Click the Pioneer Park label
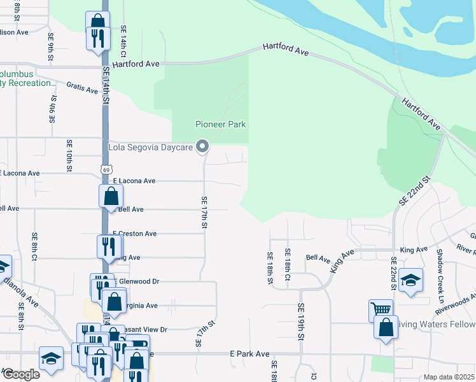pos(220,124)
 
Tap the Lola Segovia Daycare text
pos(151,147)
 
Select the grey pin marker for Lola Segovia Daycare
pos(202,147)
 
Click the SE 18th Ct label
pos(288,265)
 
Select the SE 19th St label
pos(300,316)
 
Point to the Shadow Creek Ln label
pos(440,275)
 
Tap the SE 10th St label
pos(69,156)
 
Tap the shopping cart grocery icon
pos(381,311)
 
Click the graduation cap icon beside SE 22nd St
pos(410,281)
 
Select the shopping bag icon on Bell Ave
pos(111,196)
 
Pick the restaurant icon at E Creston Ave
pos(109,246)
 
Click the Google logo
pos(20,374)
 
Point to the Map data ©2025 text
pos(448,377)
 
